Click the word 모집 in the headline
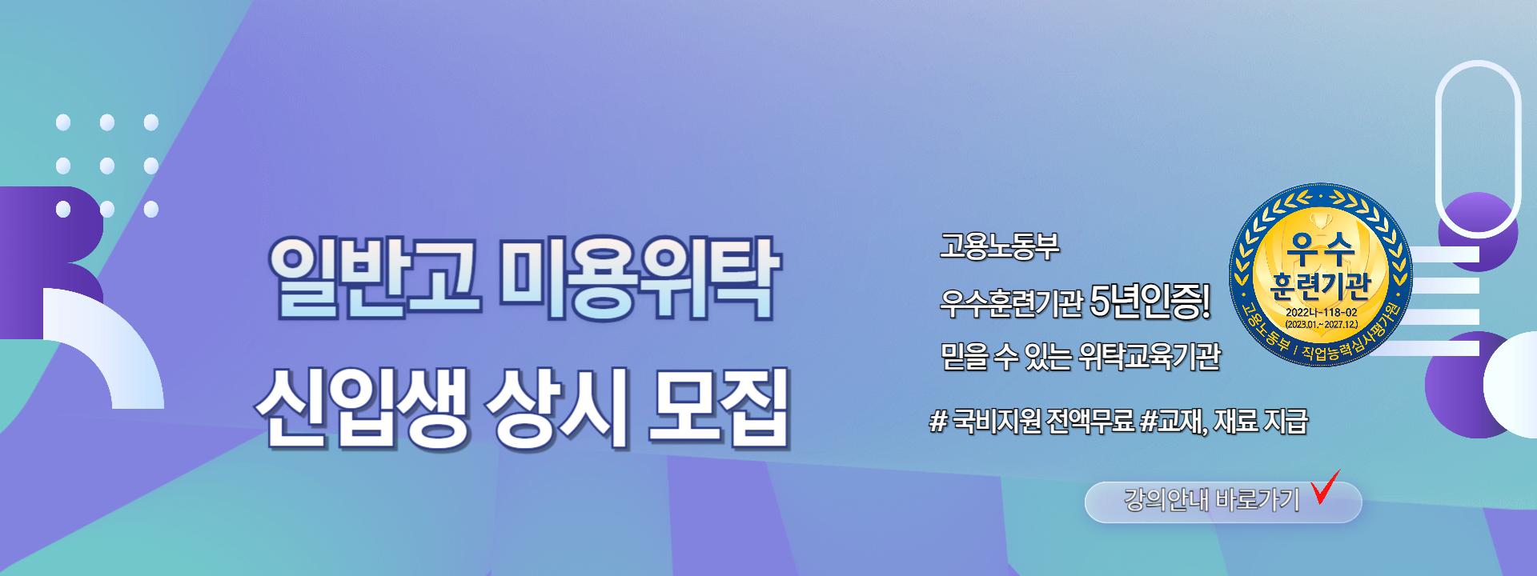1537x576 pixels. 718,406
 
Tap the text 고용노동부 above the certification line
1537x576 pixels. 999,246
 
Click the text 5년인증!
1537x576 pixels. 1150,301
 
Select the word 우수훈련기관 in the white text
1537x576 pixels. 1011,302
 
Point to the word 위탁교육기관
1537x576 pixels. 1150,356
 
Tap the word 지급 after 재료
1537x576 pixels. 1285,420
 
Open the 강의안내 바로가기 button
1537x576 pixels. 1223,502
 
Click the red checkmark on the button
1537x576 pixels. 1325,487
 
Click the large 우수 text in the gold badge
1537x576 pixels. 1321,249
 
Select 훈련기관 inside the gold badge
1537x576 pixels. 1321,286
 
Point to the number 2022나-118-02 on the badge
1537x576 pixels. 1321,312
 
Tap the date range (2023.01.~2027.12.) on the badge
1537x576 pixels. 1321,325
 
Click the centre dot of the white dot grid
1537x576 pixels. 107,166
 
